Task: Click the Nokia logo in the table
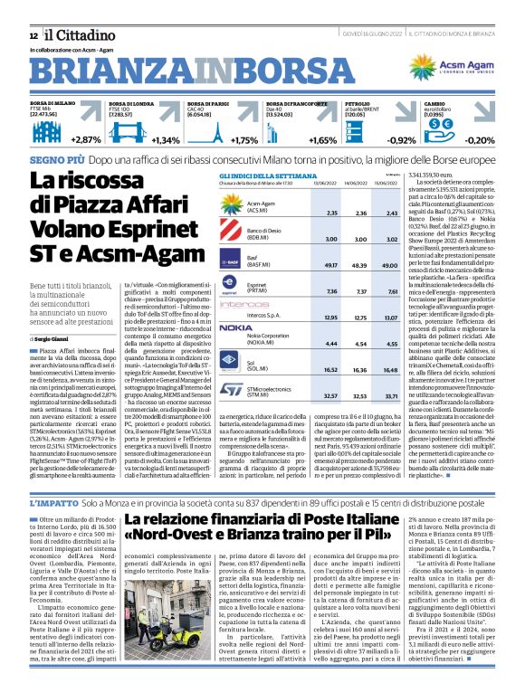click(235, 328)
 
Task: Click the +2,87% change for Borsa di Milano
click(85, 140)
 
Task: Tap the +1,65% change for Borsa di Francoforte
click(321, 140)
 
